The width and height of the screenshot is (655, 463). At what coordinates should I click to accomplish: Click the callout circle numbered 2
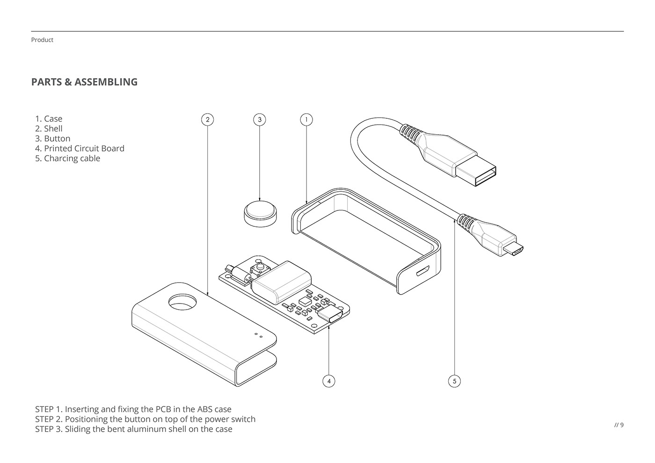207,120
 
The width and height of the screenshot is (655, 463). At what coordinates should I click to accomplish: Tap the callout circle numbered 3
260,120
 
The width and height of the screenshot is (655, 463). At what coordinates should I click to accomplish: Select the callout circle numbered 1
306,120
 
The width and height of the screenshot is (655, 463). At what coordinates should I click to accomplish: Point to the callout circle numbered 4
329,381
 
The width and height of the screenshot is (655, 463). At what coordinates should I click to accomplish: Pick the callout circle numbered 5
454,381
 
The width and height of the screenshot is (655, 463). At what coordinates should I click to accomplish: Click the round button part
260,213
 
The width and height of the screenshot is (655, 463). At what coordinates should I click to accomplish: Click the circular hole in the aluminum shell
183,303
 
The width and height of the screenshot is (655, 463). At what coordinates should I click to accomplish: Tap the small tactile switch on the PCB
257,269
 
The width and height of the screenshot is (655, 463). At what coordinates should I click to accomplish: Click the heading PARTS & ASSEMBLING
84,82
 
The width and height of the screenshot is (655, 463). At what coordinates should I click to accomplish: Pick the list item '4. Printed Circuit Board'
80,148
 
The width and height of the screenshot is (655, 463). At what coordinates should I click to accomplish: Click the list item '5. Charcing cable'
67,158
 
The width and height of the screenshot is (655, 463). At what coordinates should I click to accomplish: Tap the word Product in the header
42,40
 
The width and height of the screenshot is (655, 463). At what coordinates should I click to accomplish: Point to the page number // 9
619,425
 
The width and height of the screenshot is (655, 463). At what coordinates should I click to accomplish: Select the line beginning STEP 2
145,419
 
